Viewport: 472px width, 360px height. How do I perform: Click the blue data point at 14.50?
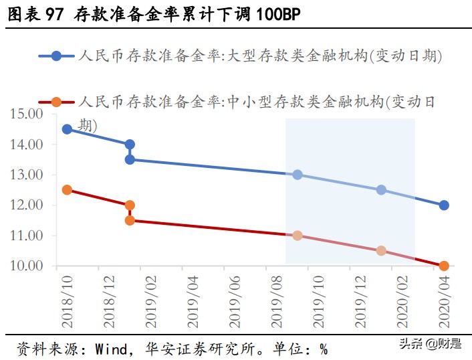(67, 129)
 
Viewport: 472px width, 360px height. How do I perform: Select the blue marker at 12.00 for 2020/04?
(444, 205)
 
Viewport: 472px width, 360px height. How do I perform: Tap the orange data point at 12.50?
(67, 190)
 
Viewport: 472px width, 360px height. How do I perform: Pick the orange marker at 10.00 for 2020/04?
(444, 266)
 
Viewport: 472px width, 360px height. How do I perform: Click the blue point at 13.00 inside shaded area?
(298, 175)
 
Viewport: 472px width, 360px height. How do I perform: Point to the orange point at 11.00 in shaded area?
(298, 236)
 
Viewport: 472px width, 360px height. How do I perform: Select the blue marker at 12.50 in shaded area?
(381, 190)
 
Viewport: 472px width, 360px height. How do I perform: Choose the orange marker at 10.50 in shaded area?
(381, 251)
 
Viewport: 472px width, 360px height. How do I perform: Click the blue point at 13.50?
(130, 159)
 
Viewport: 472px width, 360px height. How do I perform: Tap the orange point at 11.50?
(130, 220)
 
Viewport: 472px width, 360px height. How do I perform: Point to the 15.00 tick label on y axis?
(27, 114)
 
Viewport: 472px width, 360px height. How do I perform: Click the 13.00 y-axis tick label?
(27, 175)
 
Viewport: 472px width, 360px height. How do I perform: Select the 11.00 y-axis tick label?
(27, 236)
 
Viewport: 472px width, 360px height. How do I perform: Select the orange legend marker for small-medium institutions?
(57, 102)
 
